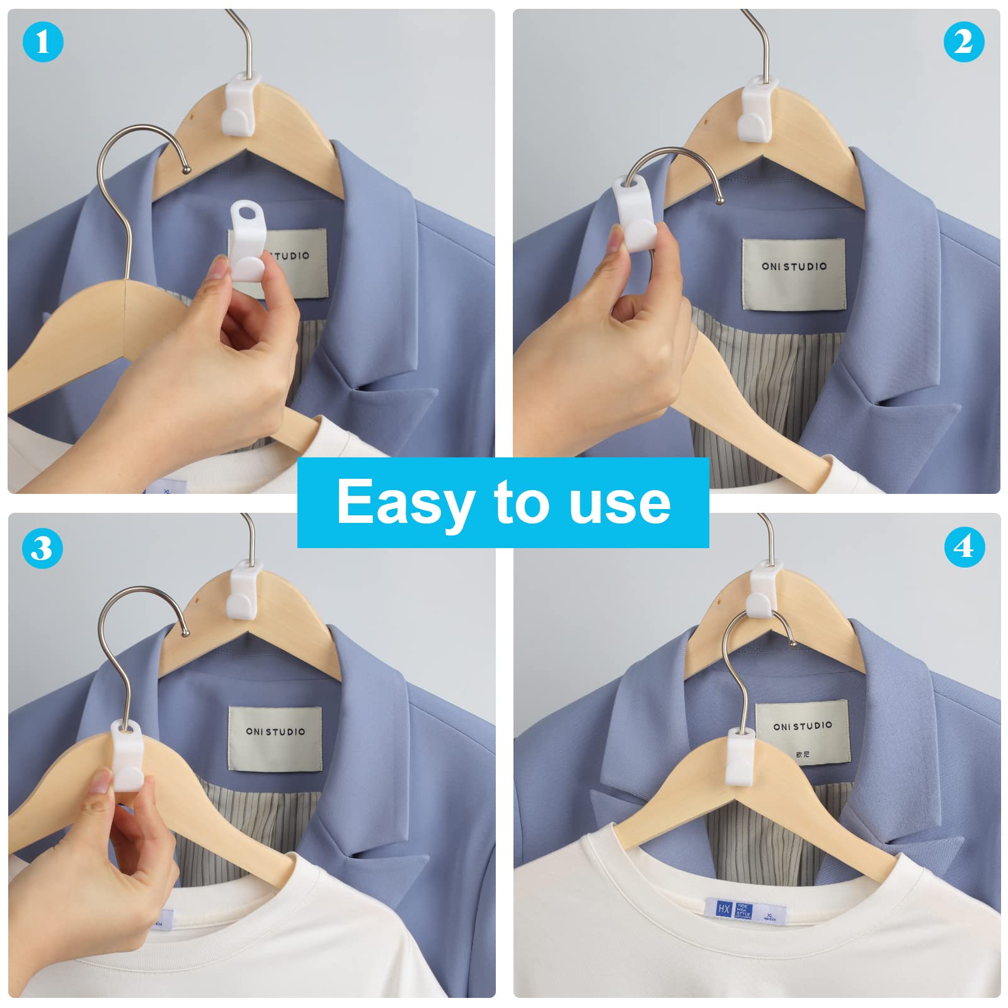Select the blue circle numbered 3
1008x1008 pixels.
(42, 547)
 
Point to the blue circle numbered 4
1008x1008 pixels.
(964, 546)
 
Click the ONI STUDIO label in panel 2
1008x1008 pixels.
(794, 273)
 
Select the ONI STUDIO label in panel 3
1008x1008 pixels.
(275, 738)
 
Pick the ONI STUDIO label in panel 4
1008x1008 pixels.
(803, 731)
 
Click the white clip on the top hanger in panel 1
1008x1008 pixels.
(242, 105)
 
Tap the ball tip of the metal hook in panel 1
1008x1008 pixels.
(186, 169)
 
